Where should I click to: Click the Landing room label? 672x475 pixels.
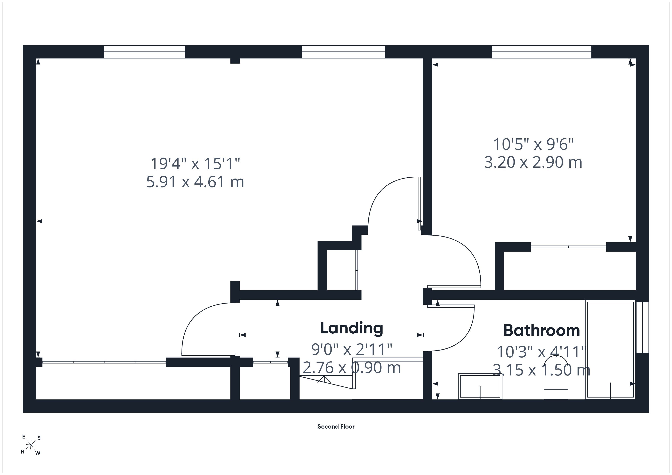[351, 328]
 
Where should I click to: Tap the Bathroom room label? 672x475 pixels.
[542, 331]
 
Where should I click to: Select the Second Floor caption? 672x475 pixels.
[336, 427]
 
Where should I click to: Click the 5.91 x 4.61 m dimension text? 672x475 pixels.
[195, 182]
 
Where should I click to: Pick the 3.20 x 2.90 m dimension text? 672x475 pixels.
[533, 162]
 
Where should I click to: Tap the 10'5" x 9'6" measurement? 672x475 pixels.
[533, 144]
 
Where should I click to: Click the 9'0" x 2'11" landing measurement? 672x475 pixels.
[351, 349]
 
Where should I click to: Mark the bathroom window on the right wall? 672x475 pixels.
[643, 327]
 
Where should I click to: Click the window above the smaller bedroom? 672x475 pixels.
[542, 52]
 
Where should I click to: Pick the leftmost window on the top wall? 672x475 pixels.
[145, 52]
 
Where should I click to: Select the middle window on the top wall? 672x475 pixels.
[343, 52]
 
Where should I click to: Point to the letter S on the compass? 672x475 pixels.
[39, 438]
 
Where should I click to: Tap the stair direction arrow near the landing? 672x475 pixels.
[324, 380]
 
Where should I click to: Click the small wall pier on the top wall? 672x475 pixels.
[235, 61]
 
